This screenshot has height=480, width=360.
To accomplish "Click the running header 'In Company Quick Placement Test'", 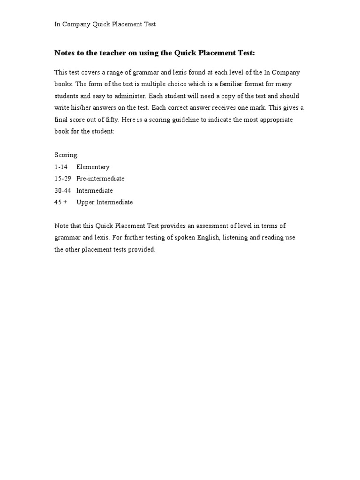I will click(x=105, y=24).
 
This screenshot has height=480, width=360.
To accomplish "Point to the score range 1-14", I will click(x=61, y=167).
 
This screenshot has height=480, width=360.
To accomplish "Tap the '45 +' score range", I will click(x=61, y=202).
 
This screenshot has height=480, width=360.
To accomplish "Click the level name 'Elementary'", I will click(x=93, y=167).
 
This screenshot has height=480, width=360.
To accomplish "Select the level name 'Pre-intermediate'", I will click(x=100, y=179).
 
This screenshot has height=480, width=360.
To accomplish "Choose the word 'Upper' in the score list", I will click(x=85, y=202).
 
